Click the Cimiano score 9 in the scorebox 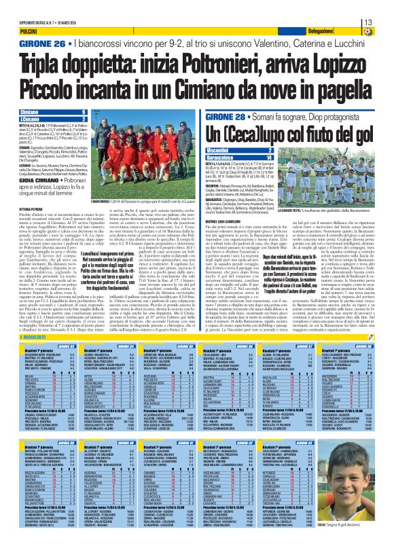coord(83,112)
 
